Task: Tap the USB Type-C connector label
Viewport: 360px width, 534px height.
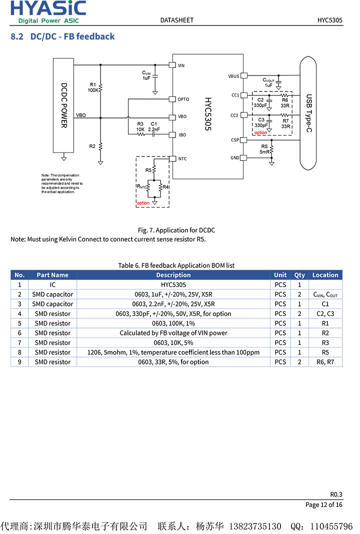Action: [308, 113]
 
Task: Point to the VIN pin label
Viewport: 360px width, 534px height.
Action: [181, 65]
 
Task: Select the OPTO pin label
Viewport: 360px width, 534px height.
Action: [183, 99]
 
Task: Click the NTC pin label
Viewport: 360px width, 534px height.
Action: [182, 159]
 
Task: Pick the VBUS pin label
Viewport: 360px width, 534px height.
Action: [233, 76]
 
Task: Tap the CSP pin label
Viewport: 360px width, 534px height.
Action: [235, 140]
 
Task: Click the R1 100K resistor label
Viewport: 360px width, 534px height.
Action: [93, 87]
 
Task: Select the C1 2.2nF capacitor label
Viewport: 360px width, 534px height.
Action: [154, 126]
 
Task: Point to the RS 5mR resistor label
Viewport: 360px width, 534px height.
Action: [264, 149]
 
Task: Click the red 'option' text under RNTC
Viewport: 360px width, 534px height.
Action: [143, 203]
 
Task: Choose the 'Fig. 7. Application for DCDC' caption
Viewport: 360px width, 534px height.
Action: [176, 230]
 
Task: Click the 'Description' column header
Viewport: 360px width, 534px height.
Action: [173, 275]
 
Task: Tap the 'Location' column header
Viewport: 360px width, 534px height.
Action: [325, 275]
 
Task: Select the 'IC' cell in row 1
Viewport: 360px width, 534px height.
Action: [52, 284]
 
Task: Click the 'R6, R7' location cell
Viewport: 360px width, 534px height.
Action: [325, 362]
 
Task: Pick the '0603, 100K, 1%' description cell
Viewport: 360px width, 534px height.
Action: [173, 323]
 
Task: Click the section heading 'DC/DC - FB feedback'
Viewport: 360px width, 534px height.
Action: [72, 36]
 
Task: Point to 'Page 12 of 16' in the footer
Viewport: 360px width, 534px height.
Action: [324, 504]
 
